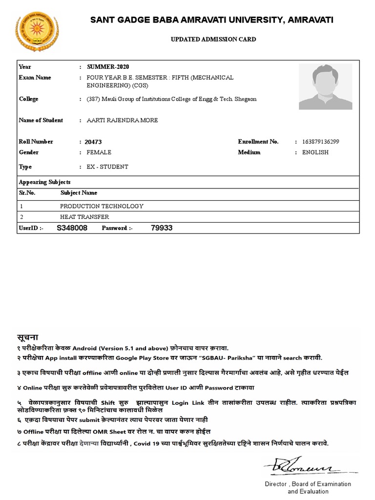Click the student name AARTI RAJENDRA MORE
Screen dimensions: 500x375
click(122, 120)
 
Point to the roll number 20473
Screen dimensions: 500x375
click(93, 142)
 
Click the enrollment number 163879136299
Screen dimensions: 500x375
click(321, 142)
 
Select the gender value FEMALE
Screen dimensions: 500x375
click(99, 152)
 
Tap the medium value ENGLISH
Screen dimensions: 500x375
click(315, 152)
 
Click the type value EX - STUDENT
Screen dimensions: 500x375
click(107, 167)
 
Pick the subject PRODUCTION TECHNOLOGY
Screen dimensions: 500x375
click(102, 206)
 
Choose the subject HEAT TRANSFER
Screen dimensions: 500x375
click(84, 217)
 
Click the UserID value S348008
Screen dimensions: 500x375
click(72, 228)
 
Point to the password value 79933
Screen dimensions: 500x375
click(162, 228)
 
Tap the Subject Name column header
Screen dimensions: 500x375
click(79, 193)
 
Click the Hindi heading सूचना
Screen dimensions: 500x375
click(28, 337)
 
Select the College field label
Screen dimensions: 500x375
click(28, 99)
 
